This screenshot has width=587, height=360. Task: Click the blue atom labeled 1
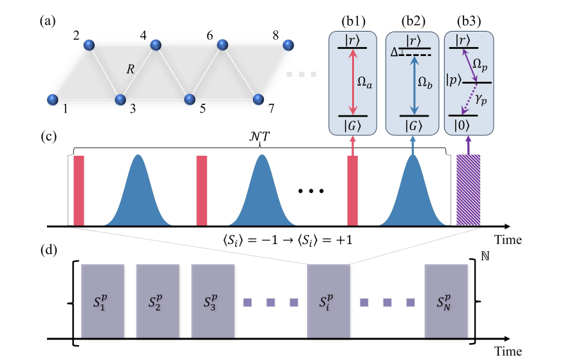coord(53,100)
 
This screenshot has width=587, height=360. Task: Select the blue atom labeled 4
coord(155,45)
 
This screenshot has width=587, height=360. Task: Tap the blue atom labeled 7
coord(258,100)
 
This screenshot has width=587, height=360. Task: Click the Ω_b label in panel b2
coord(426,82)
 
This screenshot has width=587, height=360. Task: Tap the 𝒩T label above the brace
coord(259,138)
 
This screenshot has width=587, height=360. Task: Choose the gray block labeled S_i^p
coord(328,301)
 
